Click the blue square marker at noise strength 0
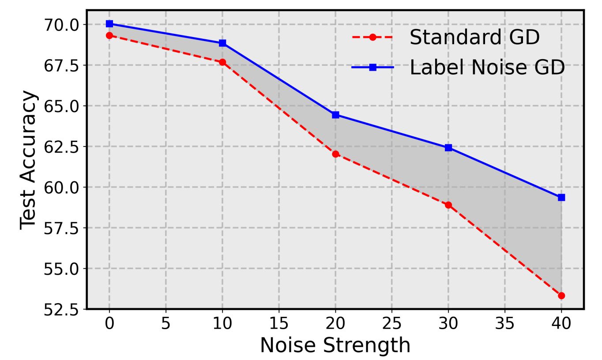[109, 23]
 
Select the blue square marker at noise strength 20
[335, 115]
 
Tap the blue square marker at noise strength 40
[561, 197]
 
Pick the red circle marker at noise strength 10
[222, 62]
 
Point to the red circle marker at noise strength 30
[448, 205]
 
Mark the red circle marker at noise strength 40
[561, 296]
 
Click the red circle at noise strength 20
[335, 154]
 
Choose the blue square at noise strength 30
[448, 147]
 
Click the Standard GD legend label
[474, 37]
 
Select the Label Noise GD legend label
[487, 67]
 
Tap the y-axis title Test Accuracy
[29, 159]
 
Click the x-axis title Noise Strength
[335, 345]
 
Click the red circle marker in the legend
[372, 37]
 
